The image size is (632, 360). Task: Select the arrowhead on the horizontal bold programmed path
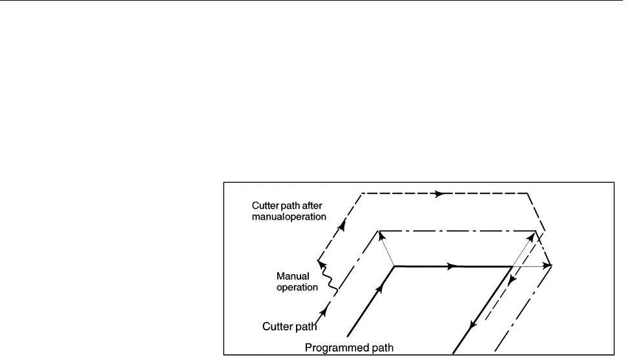click(x=456, y=266)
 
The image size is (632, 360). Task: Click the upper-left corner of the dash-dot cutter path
click(x=378, y=231)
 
